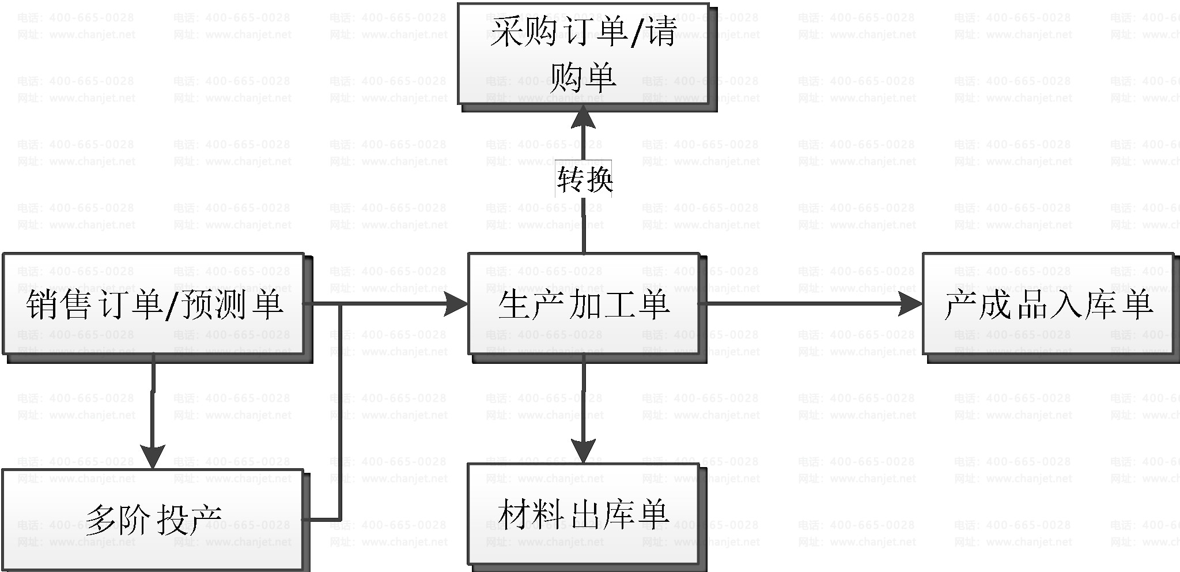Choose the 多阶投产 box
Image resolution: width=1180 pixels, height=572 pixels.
click(x=153, y=518)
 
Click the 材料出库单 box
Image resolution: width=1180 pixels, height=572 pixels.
click(x=583, y=513)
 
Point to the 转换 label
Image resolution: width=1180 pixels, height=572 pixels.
click(x=584, y=180)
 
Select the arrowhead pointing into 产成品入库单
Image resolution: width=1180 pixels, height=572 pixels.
click(x=911, y=303)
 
